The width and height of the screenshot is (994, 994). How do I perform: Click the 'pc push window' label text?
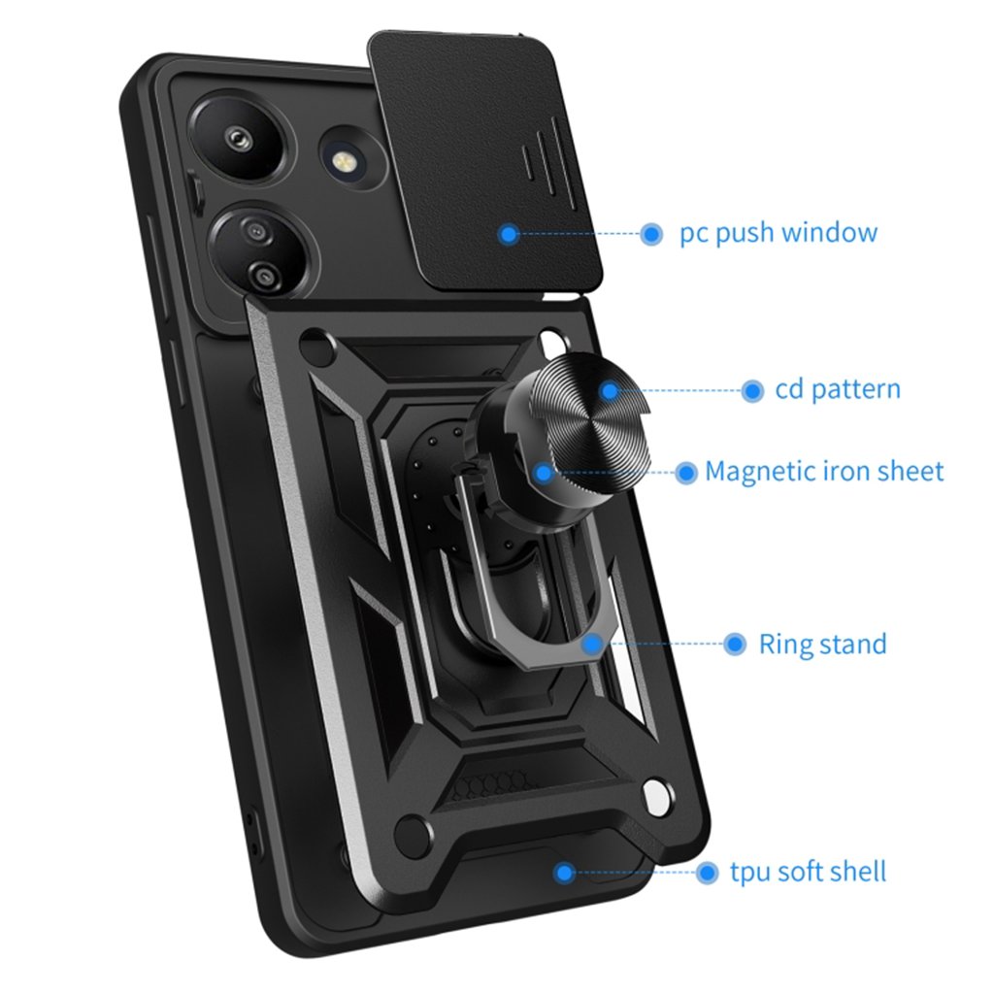779,233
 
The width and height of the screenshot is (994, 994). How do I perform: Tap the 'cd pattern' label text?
838,390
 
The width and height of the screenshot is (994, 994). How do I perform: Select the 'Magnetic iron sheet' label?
824,472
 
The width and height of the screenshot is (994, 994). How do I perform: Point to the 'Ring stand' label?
822,644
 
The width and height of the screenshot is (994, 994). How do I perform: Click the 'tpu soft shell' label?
808,872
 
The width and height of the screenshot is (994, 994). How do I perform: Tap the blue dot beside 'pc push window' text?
651,234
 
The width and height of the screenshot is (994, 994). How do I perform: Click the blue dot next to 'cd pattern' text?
751,391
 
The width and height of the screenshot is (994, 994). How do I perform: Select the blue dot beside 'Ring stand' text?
735,644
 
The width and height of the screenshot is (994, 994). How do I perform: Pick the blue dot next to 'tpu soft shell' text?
707,873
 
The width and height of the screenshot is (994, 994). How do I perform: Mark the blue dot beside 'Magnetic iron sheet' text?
685,473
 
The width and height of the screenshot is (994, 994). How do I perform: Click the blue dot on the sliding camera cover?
508,234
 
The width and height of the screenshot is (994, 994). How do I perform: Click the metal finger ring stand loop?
524,582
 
